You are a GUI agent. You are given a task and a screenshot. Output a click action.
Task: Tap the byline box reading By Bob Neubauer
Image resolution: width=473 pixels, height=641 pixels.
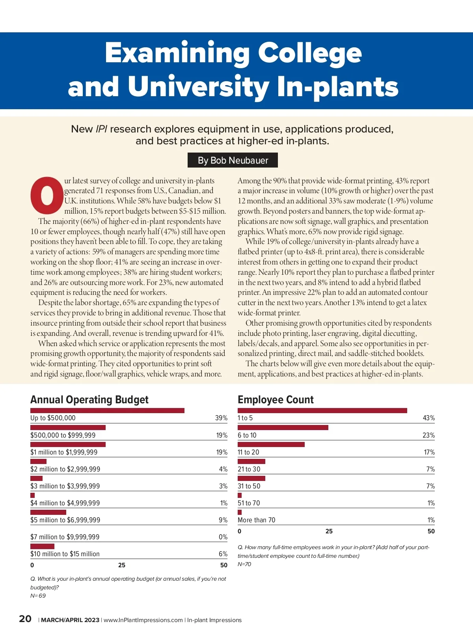coord(233,160)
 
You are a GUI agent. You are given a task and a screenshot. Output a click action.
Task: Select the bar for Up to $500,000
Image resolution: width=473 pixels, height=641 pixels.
coord(107,410)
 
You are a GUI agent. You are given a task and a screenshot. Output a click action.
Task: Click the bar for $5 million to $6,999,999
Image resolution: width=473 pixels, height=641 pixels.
coord(48,512)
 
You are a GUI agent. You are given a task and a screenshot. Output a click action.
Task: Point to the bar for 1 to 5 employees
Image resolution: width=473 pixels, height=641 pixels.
coord(322,410)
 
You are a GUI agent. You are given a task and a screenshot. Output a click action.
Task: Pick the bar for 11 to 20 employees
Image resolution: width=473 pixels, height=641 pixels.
coord(271,444)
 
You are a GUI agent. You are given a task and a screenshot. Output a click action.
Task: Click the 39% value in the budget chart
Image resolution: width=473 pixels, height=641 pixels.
coord(221,418)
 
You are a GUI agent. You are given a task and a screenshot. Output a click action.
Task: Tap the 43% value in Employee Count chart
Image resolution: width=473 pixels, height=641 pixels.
coord(428,418)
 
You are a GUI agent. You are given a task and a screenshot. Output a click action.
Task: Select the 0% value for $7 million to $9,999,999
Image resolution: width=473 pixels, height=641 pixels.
coord(223,537)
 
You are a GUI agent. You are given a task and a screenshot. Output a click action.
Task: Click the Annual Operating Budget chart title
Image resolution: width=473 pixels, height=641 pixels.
coord(89,400)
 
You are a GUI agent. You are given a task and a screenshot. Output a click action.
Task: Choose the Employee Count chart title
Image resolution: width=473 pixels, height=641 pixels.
coord(276,400)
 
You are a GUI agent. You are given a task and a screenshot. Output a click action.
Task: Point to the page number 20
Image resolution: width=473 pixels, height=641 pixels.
coord(25,619)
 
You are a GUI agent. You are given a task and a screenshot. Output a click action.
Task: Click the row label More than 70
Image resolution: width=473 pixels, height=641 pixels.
coord(256,520)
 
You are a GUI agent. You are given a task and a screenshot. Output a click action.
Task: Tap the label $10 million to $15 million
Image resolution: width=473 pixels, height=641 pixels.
coord(65,554)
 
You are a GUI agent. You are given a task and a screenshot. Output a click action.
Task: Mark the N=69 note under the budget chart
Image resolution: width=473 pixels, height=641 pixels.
coord(38,596)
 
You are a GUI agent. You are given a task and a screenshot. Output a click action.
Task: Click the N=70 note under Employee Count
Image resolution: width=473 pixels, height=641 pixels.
coord(244,564)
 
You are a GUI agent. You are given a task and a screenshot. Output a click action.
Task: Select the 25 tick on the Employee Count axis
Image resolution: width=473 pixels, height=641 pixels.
coord(329,531)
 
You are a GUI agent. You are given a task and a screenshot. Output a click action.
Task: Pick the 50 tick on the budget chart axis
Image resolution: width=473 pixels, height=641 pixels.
coord(223,565)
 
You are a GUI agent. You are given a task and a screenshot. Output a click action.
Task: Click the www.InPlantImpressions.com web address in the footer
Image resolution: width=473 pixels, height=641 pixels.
coord(143,620)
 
